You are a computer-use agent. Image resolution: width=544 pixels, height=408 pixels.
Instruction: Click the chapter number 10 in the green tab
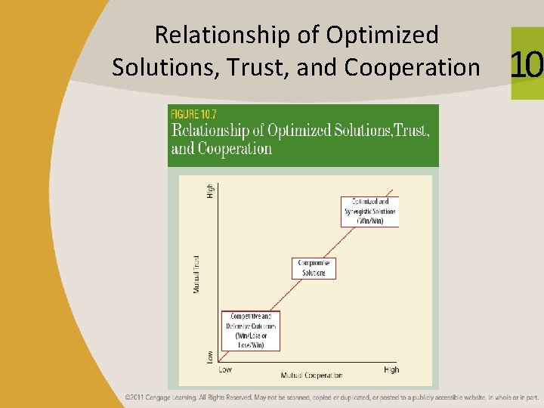(527, 66)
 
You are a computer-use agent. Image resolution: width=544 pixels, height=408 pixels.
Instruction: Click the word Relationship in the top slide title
(200, 35)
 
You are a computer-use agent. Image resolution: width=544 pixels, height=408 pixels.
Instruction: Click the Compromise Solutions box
(313, 268)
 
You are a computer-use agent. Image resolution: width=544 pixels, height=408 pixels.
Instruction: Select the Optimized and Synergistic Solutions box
(369, 211)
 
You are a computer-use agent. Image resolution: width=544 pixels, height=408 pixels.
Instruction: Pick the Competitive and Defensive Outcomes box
(251, 330)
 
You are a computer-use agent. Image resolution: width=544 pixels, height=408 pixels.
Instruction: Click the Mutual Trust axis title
(196, 274)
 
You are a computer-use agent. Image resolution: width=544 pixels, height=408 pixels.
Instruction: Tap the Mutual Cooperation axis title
(311, 376)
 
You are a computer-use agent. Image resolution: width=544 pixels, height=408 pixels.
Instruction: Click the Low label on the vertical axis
(210, 355)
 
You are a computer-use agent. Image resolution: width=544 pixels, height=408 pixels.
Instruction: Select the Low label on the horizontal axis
(225, 369)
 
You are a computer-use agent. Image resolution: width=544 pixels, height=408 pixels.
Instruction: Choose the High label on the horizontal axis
(391, 369)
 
